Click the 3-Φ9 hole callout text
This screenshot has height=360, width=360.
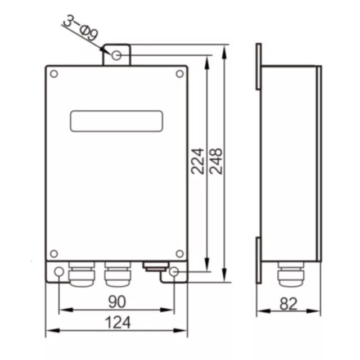pyautogui.click(x=81, y=28)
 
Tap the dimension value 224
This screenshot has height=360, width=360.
pyautogui.click(x=197, y=161)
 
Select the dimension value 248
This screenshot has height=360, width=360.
pyautogui.click(x=216, y=161)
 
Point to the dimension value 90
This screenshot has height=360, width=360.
pyautogui.click(x=117, y=301)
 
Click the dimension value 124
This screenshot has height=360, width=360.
pyautogui.click(x=118, y=322)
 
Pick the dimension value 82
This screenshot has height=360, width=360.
pyautogui.click(x=289, y=304)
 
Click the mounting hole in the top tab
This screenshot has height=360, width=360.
pyautogui.click(x=116, y=55)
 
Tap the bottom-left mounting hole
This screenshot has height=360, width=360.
pyautogui.click(x=59, y=272)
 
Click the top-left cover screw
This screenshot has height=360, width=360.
pyautogui.click(x=54, y=74)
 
